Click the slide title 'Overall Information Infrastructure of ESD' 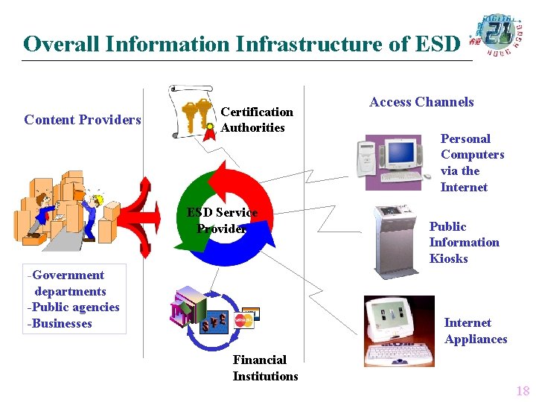coord(242,44)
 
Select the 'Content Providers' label coord(83,120)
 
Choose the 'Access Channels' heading coord(421,103)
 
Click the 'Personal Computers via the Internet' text coord(472,163)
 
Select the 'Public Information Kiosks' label coord(464,243)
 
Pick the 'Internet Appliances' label coord(475,331)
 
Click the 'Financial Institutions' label coord(265,368)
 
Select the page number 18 coord(522,391)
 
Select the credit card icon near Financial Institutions coord(243,318)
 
